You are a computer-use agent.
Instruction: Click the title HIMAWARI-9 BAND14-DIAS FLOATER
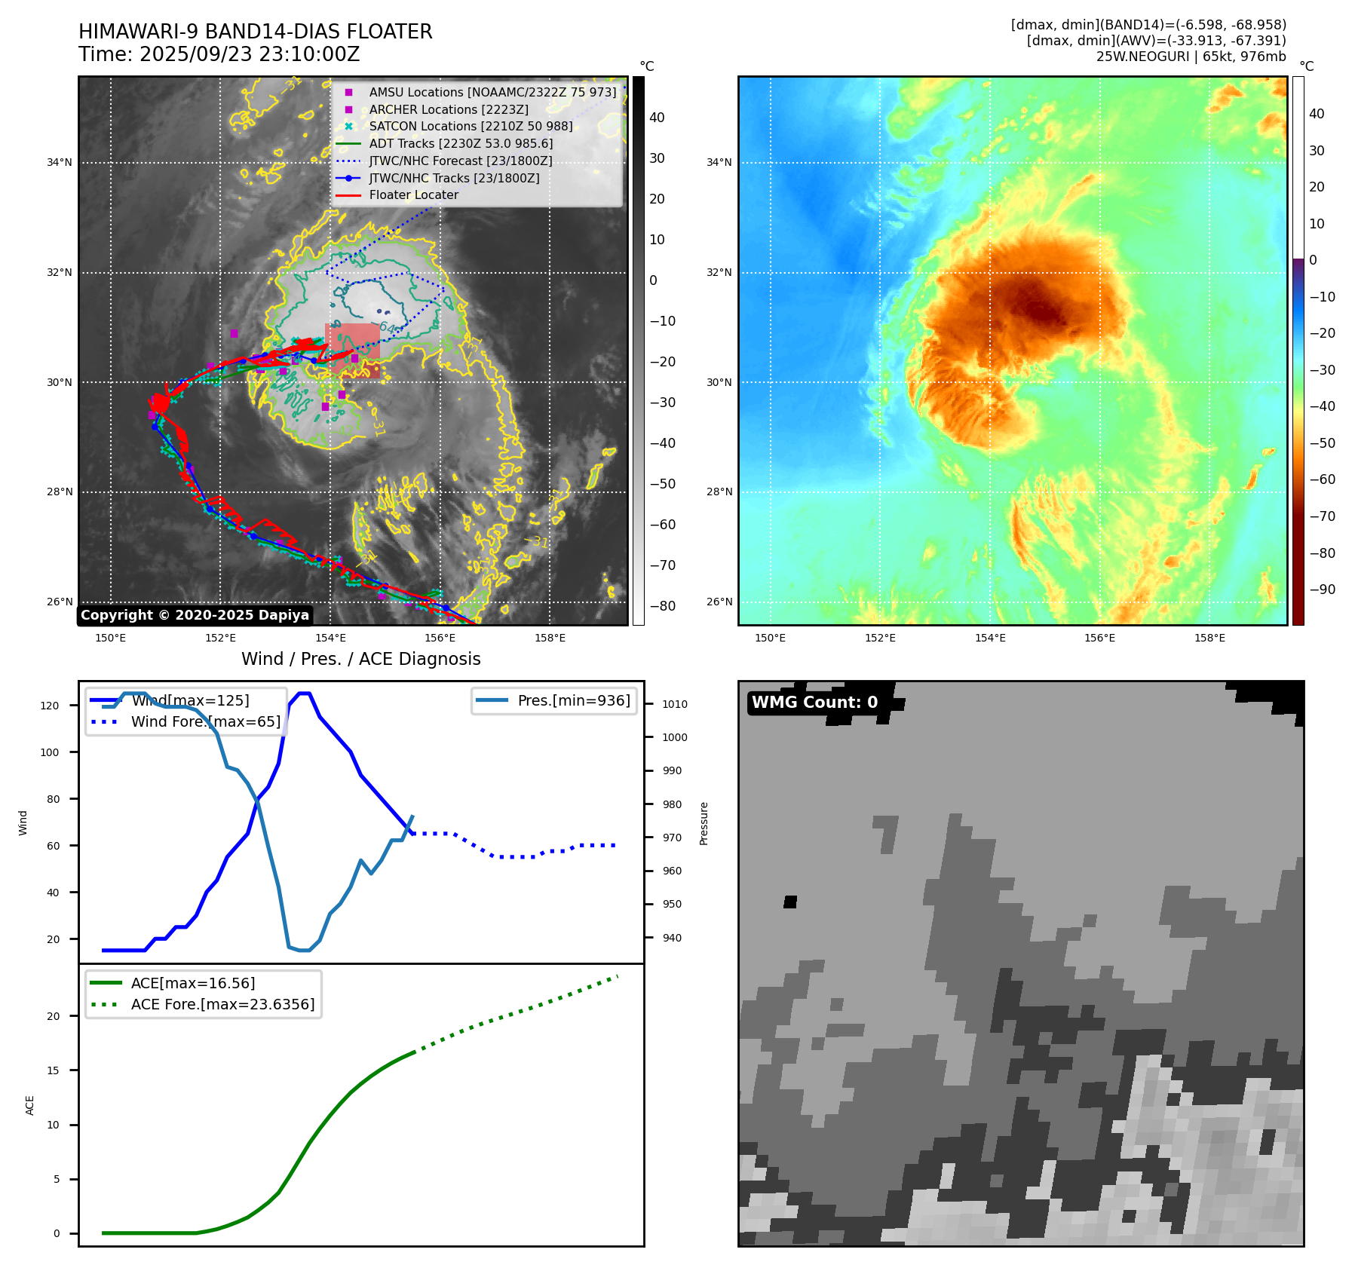pyautogui.click(x=255, y=32)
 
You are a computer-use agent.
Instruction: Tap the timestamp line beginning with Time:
pyautogui.click(x=219, y=54)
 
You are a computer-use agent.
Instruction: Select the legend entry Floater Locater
pyautogui.click(x=413, y=194)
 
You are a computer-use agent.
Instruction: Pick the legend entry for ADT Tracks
pyautogui.click(x=461, y=143)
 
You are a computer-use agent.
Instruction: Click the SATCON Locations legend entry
pyautogui.click(x=471, y=126)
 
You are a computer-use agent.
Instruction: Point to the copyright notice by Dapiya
pyautogui.click(x=195, y=615)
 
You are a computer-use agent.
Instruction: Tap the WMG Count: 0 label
pyautogui.click(x=814, y=703)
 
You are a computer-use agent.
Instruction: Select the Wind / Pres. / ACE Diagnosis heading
pyautogui.click(x=360, y=659)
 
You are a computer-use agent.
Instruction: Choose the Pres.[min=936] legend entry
pyautogui.click(x=573, y=700)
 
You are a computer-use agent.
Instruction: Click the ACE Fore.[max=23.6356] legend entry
pyautogui.click(x=222, y=1004)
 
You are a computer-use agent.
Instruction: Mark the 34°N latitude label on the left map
pyautogui.click(x=60, y=162)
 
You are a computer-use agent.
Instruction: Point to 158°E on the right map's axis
pyautogui.click(x=1209, y=638)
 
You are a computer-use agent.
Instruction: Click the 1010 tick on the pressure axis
pyautogui.click(x=675, y=704)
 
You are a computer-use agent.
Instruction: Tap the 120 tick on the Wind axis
pyautogui.click(x=50, y=706)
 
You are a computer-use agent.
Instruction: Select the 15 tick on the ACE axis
pyautogui.click(x=53, y=1070)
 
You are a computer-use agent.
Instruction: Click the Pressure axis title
pyautogui.click(x=704, y=823)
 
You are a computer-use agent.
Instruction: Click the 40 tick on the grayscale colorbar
pyautogui.click(x=657, y=117)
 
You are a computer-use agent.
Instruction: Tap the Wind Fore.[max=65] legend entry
pyautogui.click(x=205, y=721)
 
